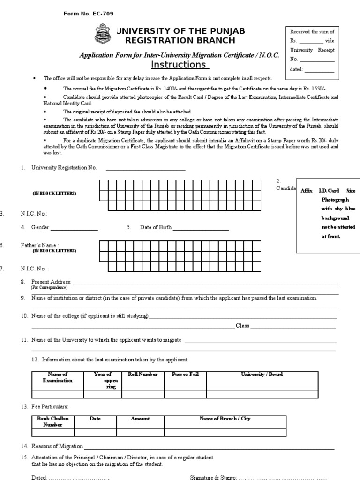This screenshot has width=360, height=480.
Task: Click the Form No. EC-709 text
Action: pyautogui.click(x=88, y=14)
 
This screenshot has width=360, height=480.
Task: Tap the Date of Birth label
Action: pyautogui.click(x=155, y=227)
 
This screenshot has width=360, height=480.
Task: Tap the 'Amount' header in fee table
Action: pyautogui.click(x=140, y=419)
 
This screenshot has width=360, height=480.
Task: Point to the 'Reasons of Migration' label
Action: pyautogui.click(x=57, y=446)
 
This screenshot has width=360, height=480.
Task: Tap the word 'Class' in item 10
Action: pyautogui.click(x=242, y=326)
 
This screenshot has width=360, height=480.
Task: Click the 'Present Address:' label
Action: pyautogui.click(x=51, y=282)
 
